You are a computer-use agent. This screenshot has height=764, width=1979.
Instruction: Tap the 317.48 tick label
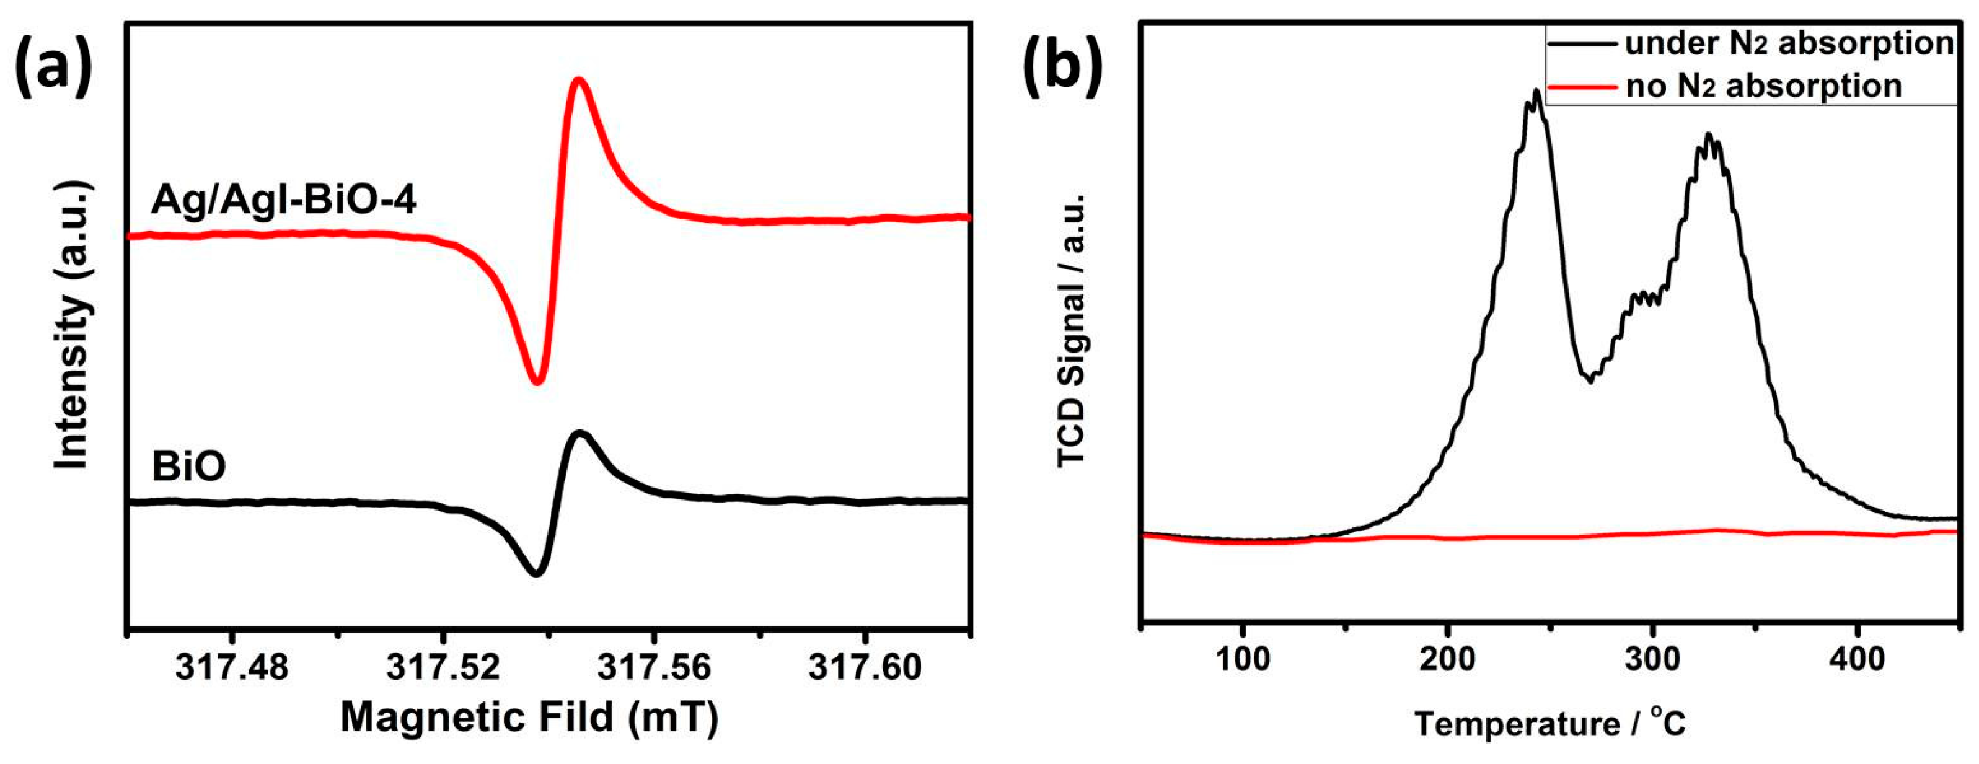pos(232,668)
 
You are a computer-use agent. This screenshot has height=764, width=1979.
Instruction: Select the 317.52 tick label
pos(443,668)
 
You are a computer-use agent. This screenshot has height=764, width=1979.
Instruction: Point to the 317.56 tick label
pos(654,668)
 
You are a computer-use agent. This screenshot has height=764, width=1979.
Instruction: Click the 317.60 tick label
pos(865,668)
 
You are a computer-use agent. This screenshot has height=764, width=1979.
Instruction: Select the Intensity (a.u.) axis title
pos(74,327)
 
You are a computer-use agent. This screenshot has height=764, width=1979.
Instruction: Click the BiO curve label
pos(189,467)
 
